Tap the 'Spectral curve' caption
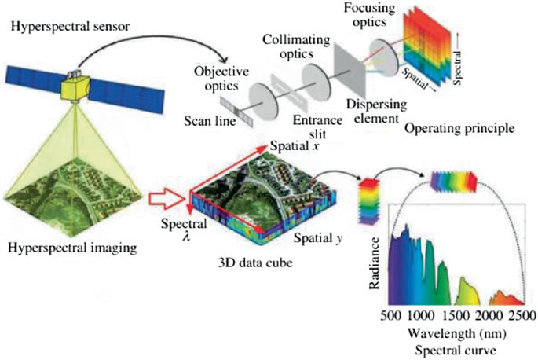(x=447, y=347)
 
